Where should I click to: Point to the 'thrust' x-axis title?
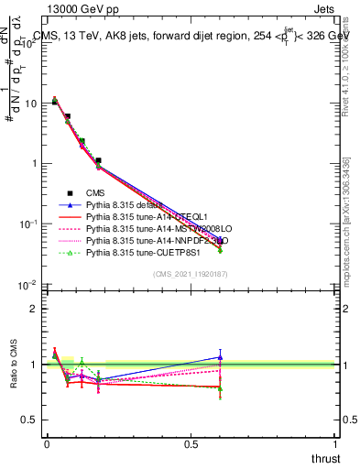pos(325,459)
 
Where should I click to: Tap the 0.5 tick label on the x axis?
pos(191,444)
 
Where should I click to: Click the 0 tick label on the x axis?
pos(47,444)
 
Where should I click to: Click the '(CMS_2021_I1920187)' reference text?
pos(190,274)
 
